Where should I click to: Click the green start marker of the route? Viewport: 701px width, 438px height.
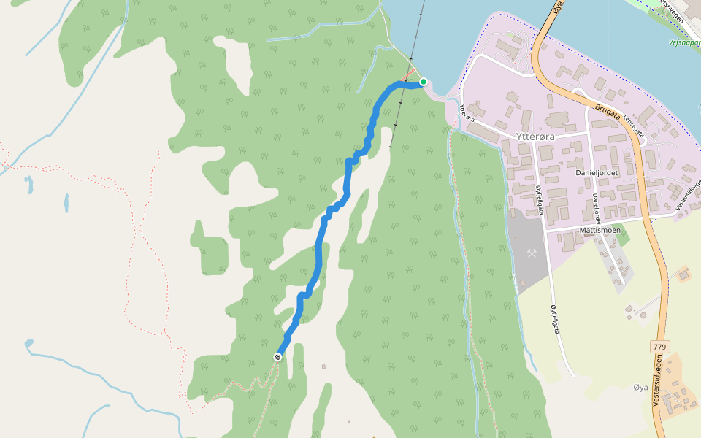pyautogui.click(x=423, y=82)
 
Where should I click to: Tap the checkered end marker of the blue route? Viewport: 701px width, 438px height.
pyautogui.click(x=278, y=357)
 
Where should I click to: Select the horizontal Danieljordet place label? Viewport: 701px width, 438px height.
pyautogui.click(x=597, y=172)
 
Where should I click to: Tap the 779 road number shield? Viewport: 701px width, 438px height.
pyautogui.click(x=660, y=346)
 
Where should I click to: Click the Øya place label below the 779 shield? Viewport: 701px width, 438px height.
pyautogui.click(x=640, y=387)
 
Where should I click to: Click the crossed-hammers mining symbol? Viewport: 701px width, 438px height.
pyautogui.click(x=533, y=254)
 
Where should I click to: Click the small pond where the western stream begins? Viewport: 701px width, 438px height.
pyautogui.click(x=28, y=343)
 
